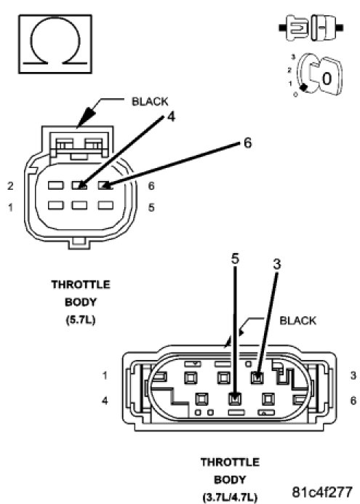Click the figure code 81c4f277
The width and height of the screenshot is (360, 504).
322,492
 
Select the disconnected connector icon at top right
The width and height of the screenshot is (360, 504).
311,28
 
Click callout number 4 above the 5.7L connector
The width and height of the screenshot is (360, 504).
172,116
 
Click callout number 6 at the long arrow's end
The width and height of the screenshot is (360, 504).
247,143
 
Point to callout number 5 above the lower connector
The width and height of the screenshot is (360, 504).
236,258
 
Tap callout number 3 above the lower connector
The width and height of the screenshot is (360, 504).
277,264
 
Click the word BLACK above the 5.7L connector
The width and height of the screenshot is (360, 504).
150,102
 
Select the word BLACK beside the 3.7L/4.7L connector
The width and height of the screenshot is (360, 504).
298,321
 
